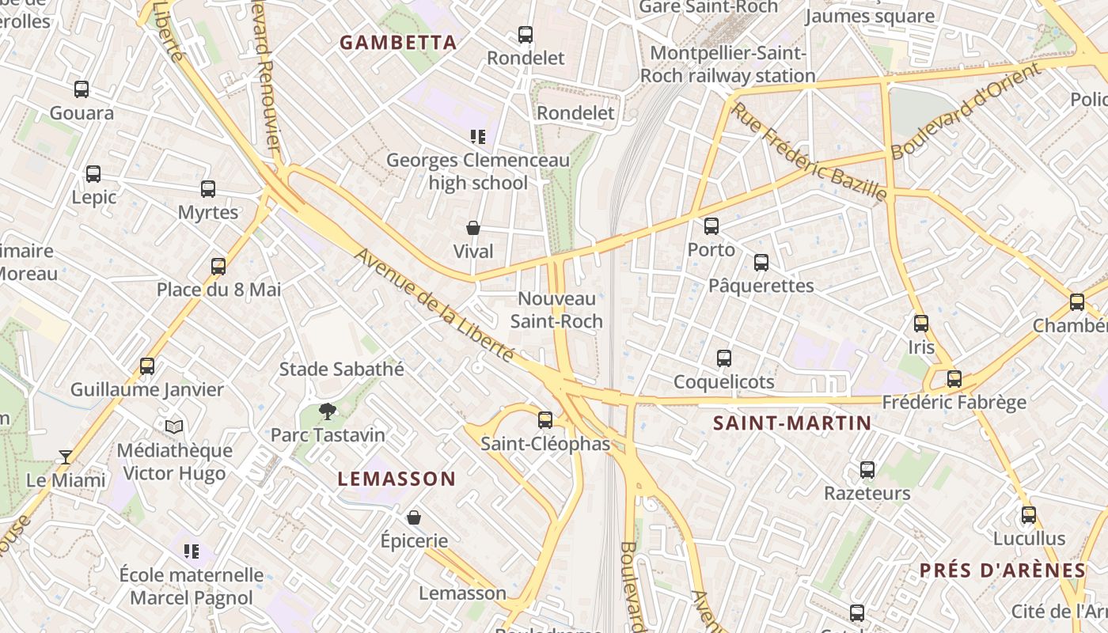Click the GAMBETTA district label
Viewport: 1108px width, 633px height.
coord(398,43)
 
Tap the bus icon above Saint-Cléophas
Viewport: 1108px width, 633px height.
coord(545,420)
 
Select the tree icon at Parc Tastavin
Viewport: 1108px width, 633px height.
coord(327,411)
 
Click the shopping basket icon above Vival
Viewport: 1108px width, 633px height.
coord(473,228)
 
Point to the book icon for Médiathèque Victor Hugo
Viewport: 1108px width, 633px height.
coord(174,426)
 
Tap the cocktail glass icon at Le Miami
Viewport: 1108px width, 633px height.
coord(66,457)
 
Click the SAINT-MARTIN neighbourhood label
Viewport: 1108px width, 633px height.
coord(791,423)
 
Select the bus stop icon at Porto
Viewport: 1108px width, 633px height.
coord(711,226)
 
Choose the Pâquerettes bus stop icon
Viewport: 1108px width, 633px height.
coord(761,262)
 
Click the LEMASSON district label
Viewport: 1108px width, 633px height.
coord(397,479)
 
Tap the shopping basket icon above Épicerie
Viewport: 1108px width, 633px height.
coord(413,517)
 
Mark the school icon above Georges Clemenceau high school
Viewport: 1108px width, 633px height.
coord(477,137)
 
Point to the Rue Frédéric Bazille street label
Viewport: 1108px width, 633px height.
coord(807,151)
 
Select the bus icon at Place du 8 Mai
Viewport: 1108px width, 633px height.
coord(218,266)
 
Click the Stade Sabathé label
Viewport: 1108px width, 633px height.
coord(341,369)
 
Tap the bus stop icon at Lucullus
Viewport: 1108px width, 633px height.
coord(1028,515)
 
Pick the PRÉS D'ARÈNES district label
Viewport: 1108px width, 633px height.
coord(1002,570)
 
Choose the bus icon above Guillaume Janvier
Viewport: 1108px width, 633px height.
coord(147,366)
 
